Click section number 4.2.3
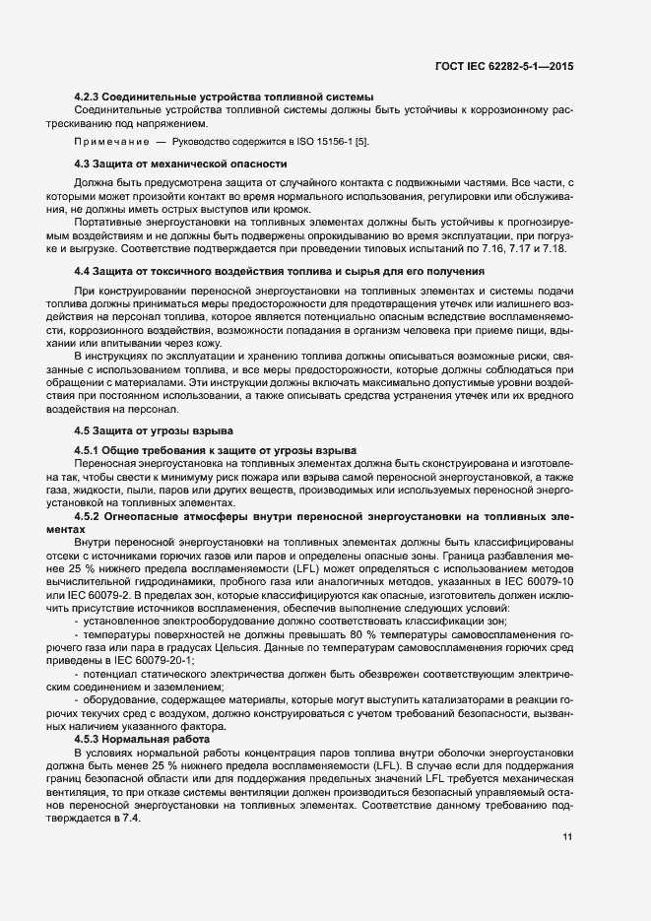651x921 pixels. tap(88, 96)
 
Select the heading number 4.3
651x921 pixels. tap(82, 162)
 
